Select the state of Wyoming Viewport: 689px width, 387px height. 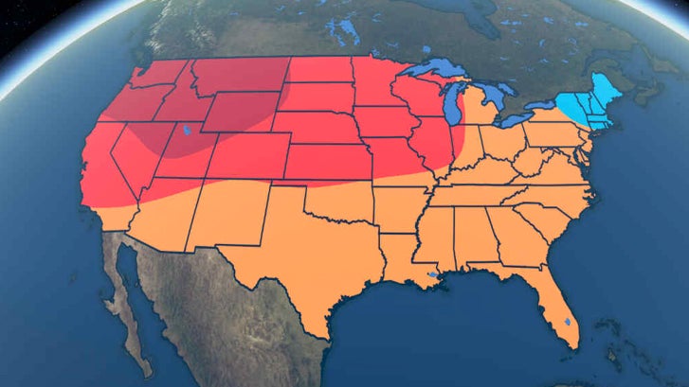tap(241, 113)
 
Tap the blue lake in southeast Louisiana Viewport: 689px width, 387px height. tap(433, 276)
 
